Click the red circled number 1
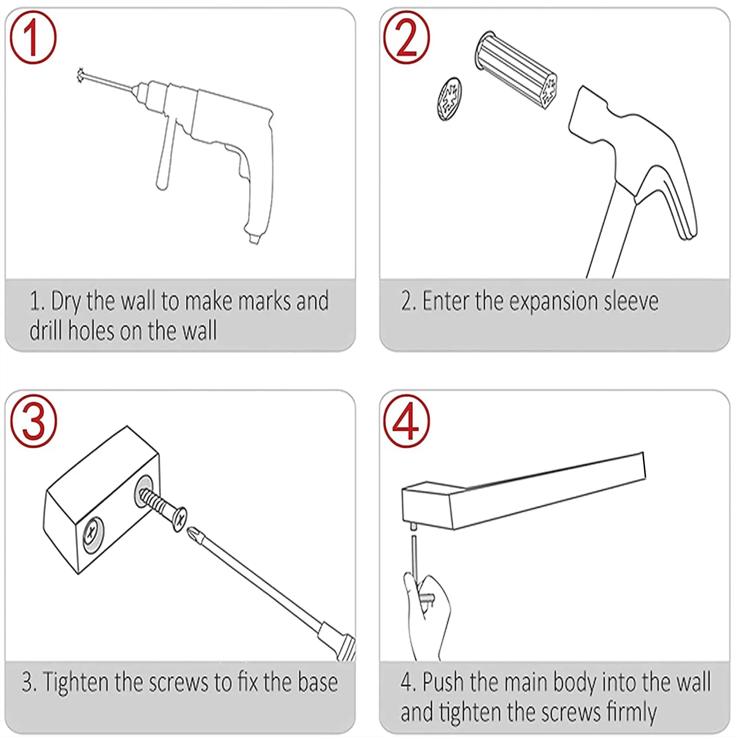pyautogui.click(x=33, y=37)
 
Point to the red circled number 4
pyautogui.click(x=407, y=420)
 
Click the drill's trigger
pyautogui.click(x=242, y=168)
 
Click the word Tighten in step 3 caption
pyautogui.click(x=76, y=682)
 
